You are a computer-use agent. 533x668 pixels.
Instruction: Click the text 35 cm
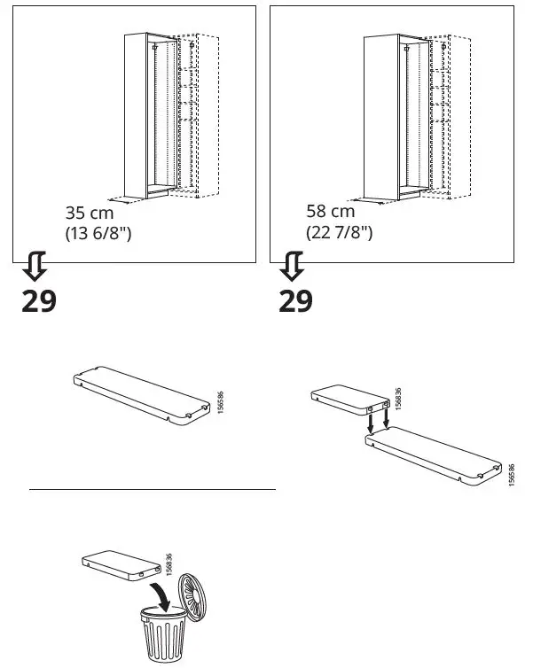point(90,213)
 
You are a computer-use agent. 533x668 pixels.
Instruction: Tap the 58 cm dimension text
point(329,211)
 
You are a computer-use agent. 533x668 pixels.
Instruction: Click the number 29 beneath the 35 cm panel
point(38,301)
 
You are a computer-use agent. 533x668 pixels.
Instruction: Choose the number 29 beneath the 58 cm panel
point(295,301)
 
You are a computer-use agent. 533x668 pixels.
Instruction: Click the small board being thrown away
point(114,564)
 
